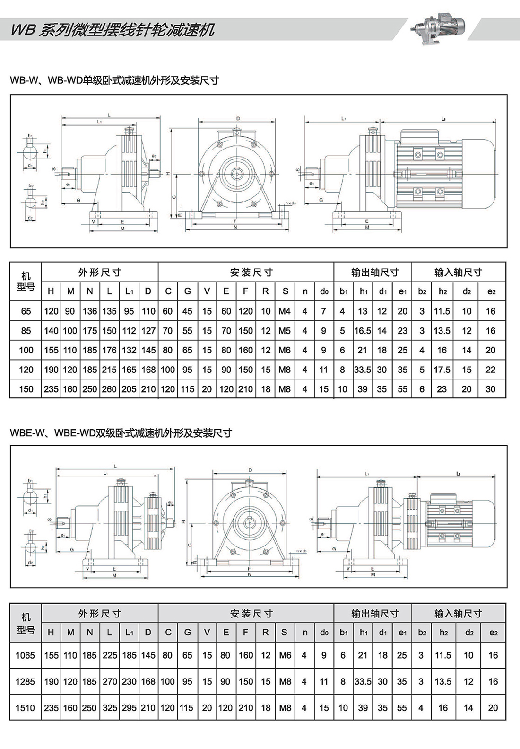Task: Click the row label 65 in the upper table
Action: (26, 311)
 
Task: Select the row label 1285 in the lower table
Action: (25, 682)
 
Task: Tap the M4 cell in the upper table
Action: (285, 311)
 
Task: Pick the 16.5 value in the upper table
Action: (363, 331)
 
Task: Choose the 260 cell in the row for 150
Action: (109, 389)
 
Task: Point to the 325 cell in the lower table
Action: (110, 708)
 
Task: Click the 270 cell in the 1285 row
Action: (110, 682)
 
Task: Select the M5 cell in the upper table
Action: (285, 331)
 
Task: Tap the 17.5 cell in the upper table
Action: (442, 370)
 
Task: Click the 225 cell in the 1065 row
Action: (110, 655)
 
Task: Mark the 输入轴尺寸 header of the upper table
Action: (458, 272)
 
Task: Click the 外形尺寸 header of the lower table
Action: (100, 614)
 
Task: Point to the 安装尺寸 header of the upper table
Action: (251, 272)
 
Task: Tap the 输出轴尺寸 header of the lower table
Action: (375, 614)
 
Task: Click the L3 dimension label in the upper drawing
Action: (443, 119)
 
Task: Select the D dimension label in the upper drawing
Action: (238, 118)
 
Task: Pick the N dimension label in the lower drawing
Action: (250, 574)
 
